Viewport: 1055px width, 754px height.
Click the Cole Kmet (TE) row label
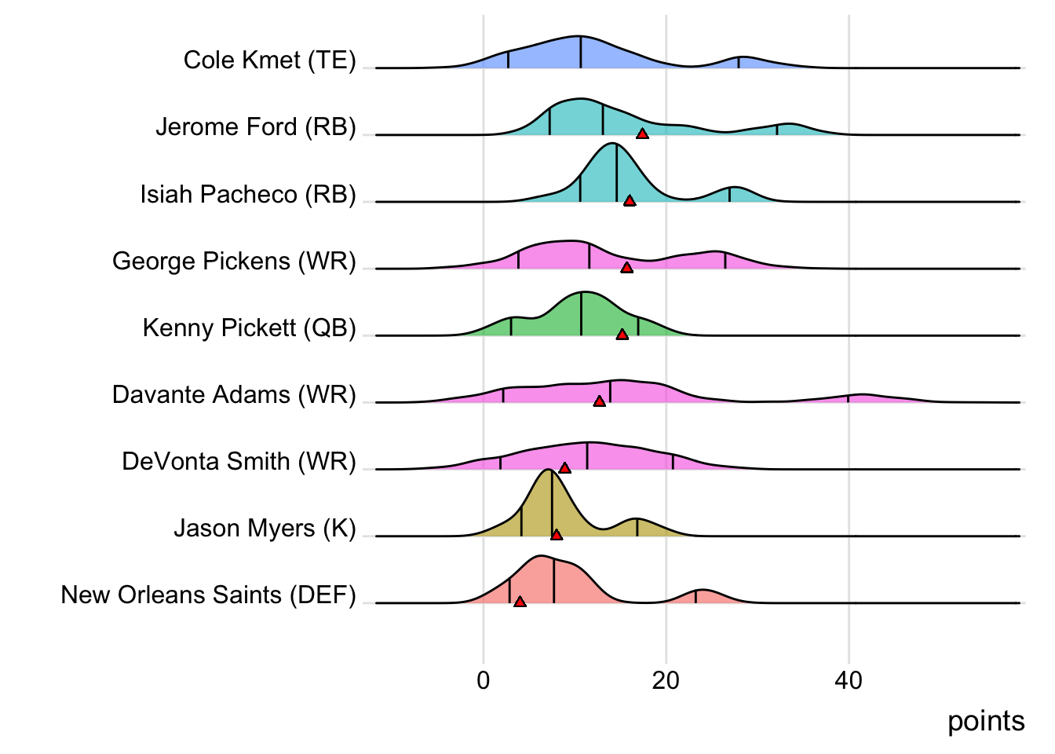(269, 60)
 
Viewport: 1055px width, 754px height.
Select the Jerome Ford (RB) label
(255, 127)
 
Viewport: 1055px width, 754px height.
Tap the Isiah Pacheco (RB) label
(248, 194)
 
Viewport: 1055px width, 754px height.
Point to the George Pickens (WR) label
(234, 261)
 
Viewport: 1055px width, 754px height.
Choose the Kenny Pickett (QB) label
(249, 328)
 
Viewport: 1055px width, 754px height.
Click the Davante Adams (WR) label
(234, 394)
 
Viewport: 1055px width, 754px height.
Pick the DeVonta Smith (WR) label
(239, 461)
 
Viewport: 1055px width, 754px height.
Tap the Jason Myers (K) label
(265, 528)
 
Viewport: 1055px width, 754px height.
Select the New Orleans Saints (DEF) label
(208, 595)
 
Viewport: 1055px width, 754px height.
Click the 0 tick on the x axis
(484, 680)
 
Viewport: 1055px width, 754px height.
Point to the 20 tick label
(666, 680)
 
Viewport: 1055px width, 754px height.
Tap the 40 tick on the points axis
(849, 680)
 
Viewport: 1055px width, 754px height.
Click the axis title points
(985, 721)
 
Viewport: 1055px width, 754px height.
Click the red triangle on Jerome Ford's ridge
(642, 134)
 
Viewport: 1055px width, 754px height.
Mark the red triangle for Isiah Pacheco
(629, 201)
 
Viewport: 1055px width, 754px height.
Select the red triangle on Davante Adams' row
(599, 401)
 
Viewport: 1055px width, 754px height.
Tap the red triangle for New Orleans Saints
(520, 602)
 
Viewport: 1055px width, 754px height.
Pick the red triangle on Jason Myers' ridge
(557, 535)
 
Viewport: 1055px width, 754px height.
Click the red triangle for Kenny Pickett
(622, 335)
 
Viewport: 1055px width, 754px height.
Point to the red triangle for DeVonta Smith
(564, 468)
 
